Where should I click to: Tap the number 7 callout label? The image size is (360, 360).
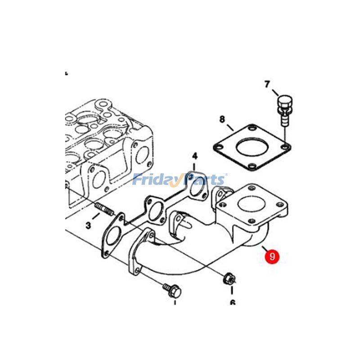[x=267, y=84]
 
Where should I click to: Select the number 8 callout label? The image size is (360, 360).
[x=222, y=119]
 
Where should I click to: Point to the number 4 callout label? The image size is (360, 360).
[x=195, y=156]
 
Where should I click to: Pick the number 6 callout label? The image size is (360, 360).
[x=233, y=302]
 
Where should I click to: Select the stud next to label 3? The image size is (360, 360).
[x=104, y=210]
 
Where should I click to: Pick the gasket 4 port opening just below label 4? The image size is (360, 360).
[x=195, y=189]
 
